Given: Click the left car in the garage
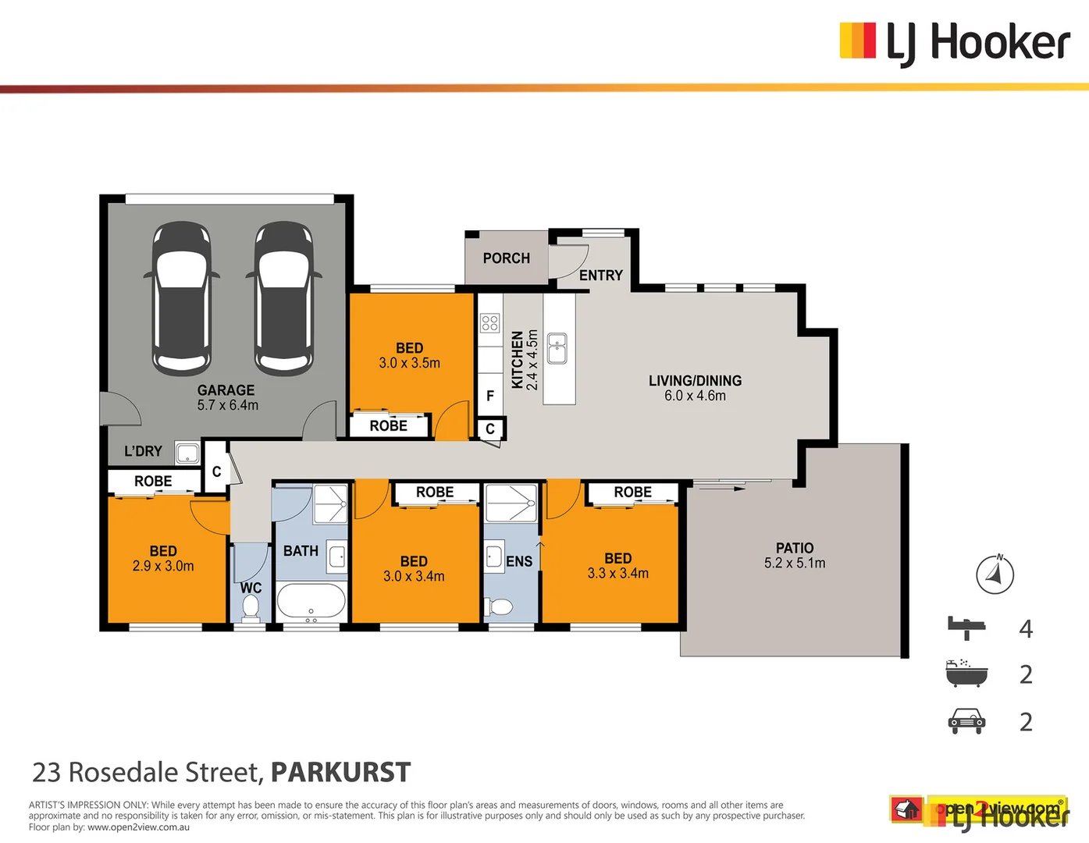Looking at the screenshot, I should click(x=181, y=298).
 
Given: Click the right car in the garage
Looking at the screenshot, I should click(x=284, y=298).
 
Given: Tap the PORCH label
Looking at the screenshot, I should click(x=506, y=258).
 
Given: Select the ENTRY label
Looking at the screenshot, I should click(x=600, y=276).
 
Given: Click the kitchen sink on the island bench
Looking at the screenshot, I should click(x=557, y=349).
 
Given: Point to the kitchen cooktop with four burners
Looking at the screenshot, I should click(x=489, y=322).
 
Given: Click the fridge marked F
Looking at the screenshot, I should click(x=490, y=396).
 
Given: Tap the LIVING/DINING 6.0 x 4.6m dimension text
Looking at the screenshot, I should click(x=695, y=396).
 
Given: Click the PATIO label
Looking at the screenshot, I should click(x=795, y=549).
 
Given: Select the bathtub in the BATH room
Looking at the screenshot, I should click(x=311, y=602).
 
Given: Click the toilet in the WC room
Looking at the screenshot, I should click(x=251, y=606).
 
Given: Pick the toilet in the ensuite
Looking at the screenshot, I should click(x=500, y=606).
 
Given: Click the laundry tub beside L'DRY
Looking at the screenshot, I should click(x=187, y=453).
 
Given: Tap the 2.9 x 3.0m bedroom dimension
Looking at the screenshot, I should click(x=163, y=566).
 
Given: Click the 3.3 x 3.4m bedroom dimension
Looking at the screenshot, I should click(x=617, y=574).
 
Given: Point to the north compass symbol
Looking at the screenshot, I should click(x=995, y=574).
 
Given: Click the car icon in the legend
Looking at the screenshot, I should click(x=966, y=721).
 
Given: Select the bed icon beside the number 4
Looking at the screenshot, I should click(x=966, y=627).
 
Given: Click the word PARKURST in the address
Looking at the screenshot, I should click(x=340, y=772).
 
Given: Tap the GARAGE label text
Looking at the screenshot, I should click(x=226, y=390).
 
